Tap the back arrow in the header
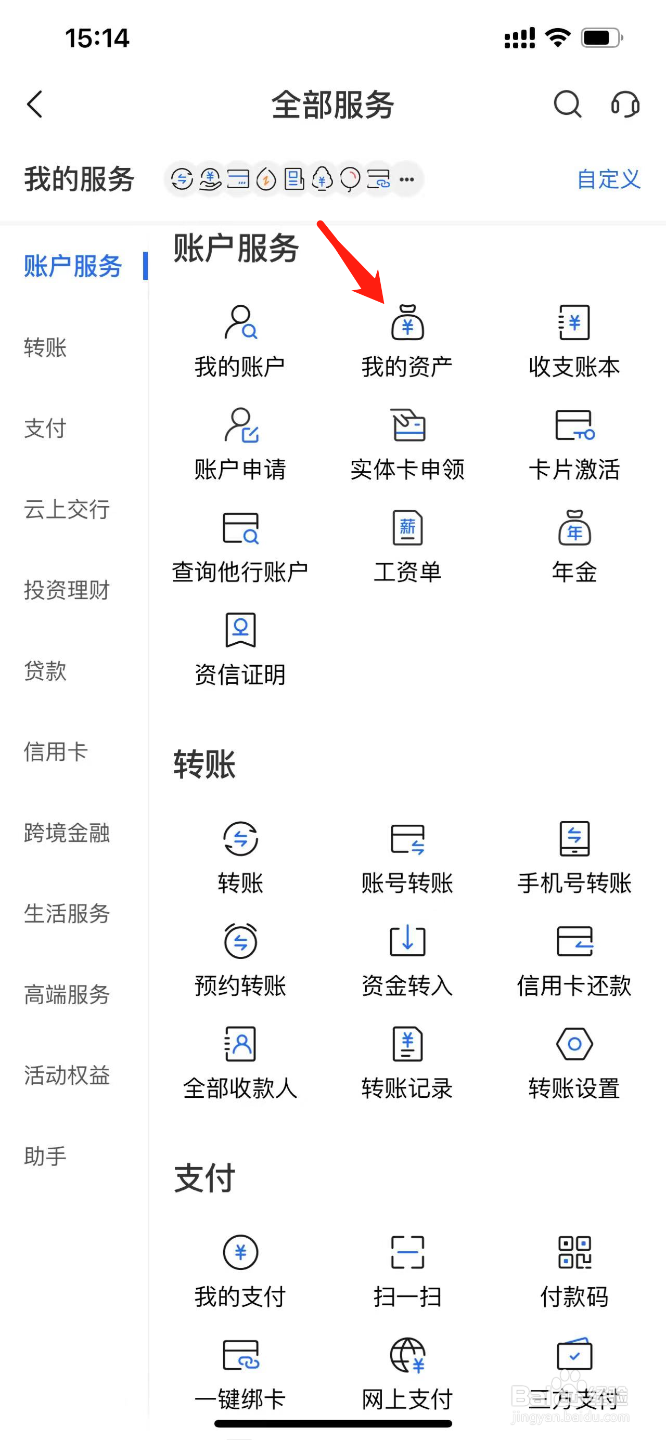(35, 104)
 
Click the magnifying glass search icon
(567, 104)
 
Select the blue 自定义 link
(608, 179)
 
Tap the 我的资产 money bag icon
(407, 322)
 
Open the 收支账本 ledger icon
(574, 322)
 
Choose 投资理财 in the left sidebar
(67, 590)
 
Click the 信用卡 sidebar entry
(56, 751)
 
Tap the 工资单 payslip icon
(407, 528)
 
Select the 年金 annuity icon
(574, 528)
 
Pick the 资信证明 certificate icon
(240, 630)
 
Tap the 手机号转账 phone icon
(574, 838)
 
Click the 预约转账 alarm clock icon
(240, 941)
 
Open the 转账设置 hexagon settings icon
(574, 1044)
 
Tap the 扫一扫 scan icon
(407, 1252)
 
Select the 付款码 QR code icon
(574, 1252)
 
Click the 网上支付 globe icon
(407, 1355)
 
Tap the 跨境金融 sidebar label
(67, 833)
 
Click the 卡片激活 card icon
(574, 425)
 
